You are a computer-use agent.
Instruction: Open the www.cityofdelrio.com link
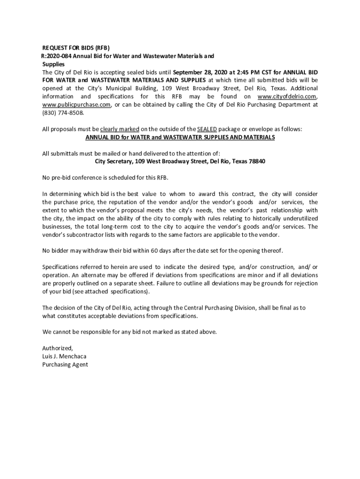pos(287,97)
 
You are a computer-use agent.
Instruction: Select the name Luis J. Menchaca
pos(64,356)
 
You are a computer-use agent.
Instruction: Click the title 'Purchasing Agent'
pos(65,364)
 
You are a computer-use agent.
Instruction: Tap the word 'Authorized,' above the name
pos(58,348)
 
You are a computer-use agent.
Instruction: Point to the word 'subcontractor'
pos(82,234)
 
